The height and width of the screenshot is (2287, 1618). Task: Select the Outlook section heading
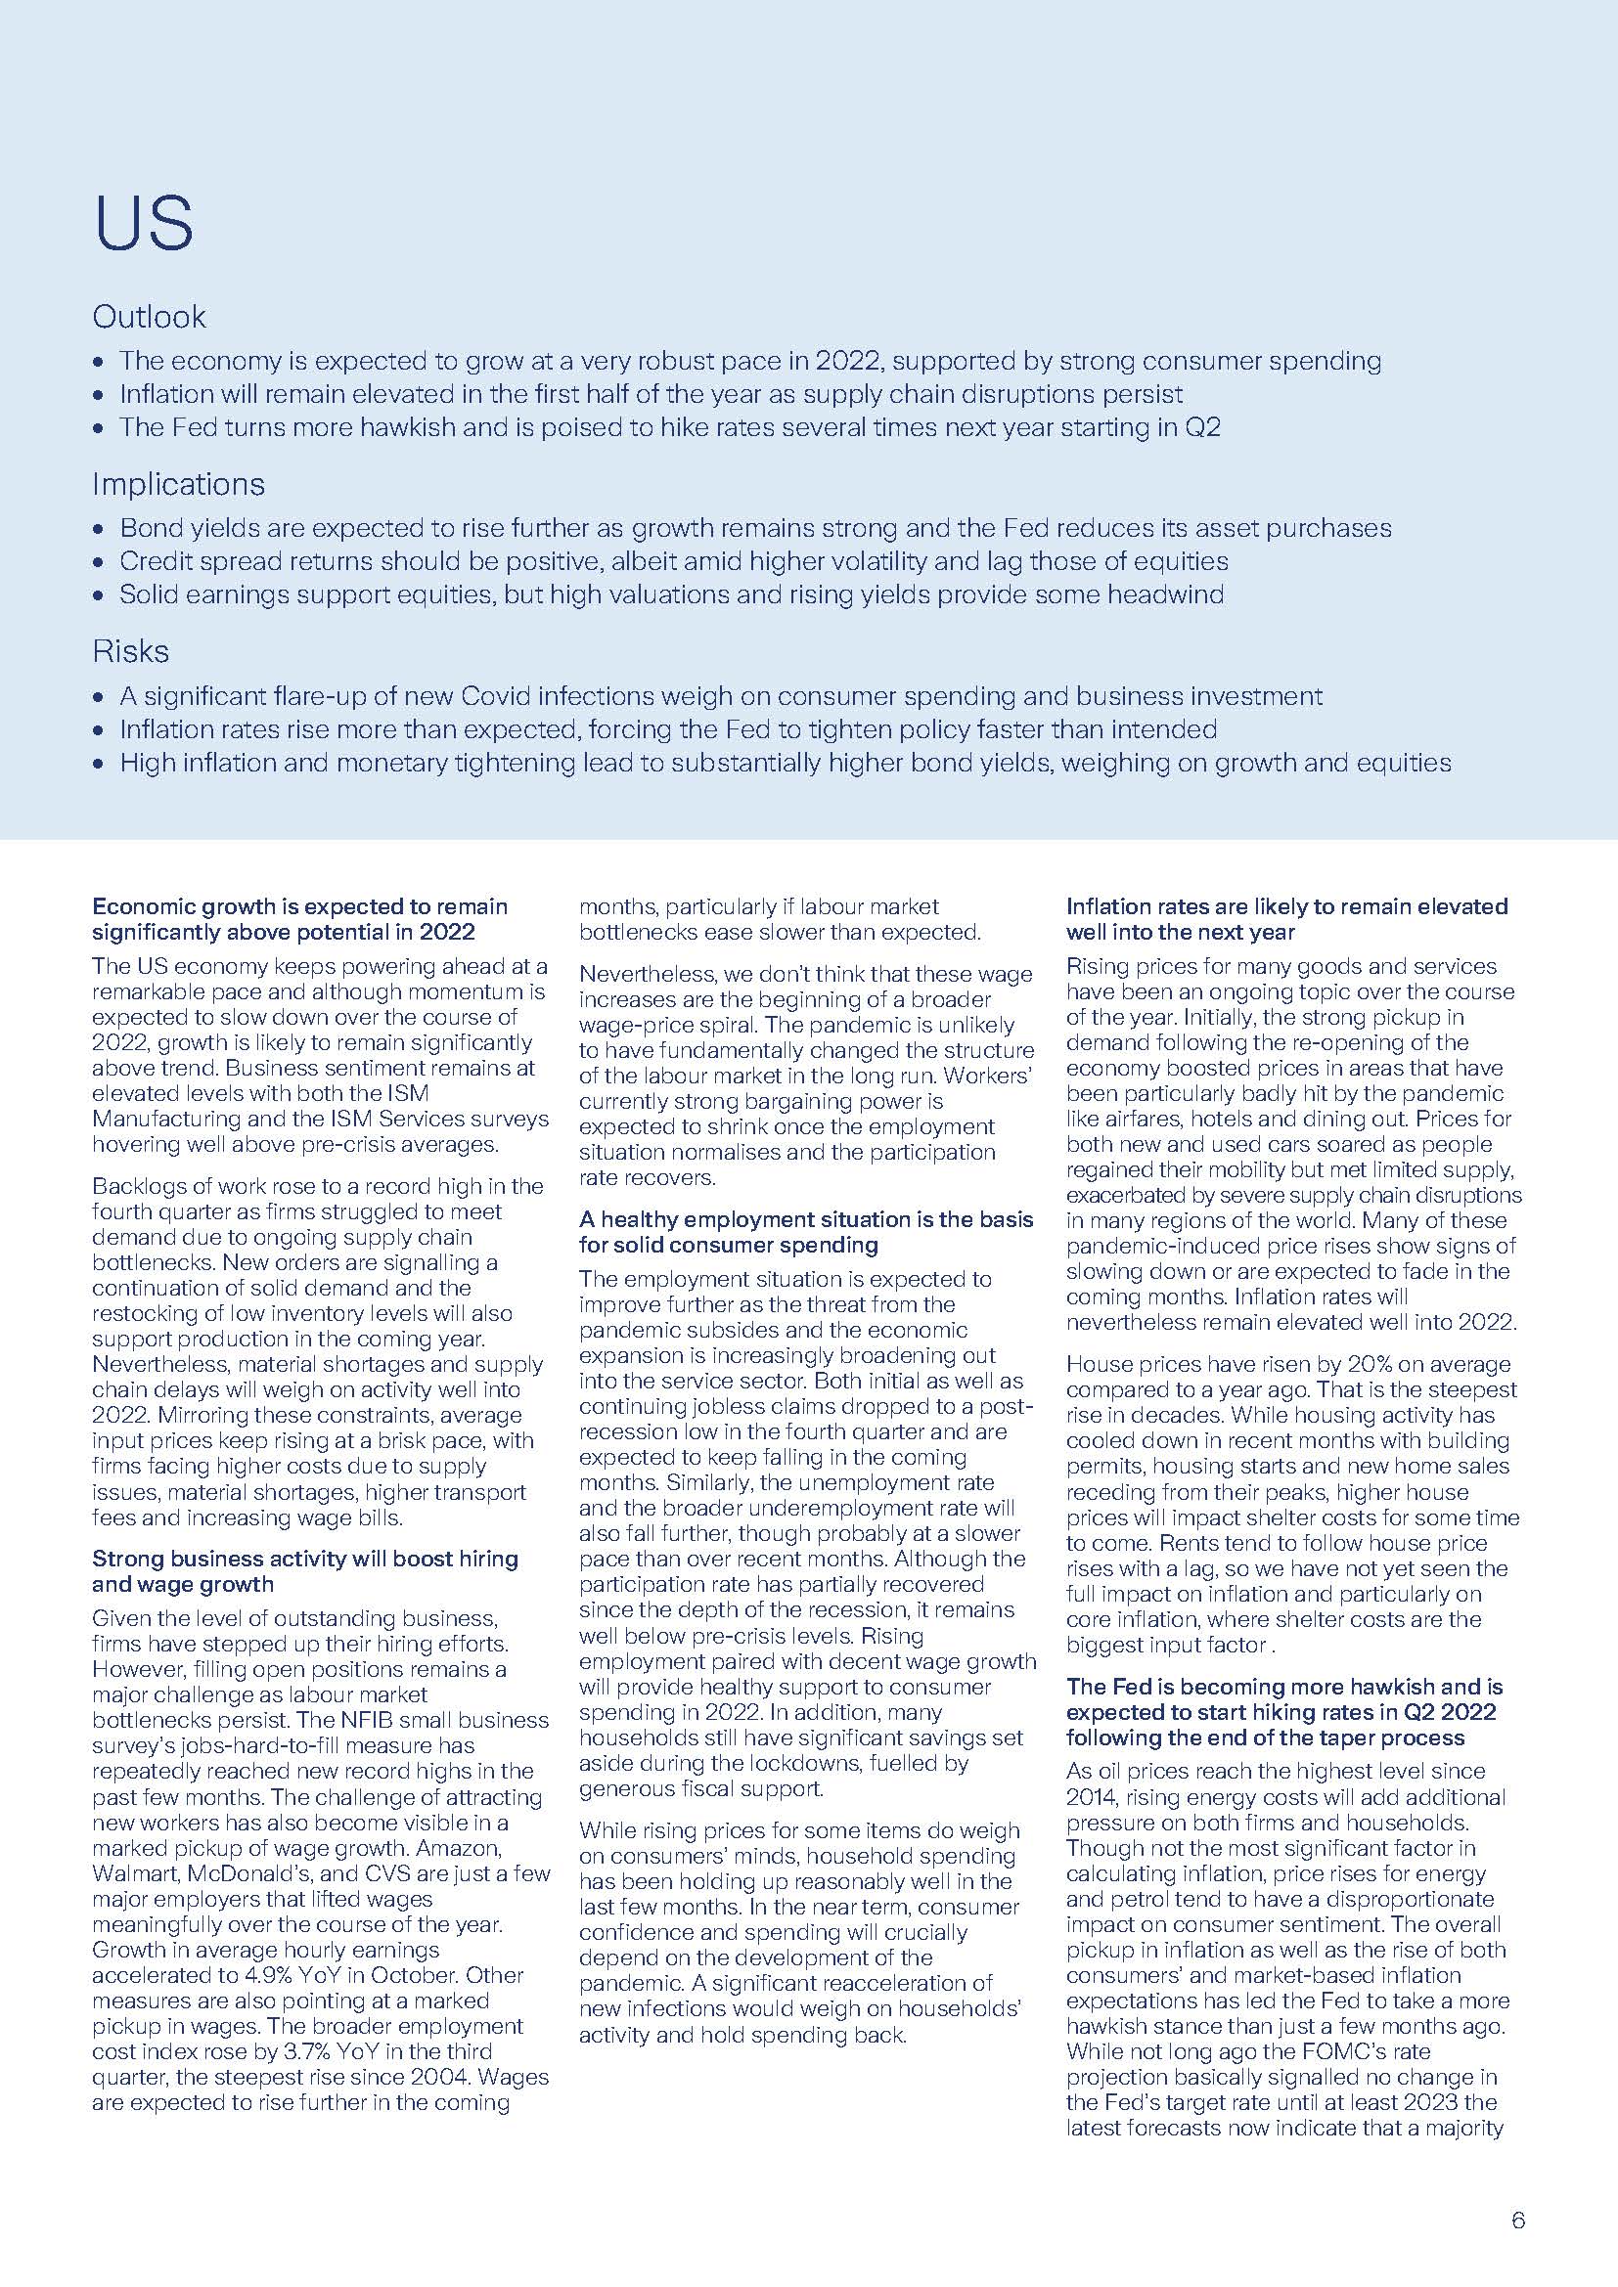tap(149, 317)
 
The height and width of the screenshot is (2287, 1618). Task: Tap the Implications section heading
tap(178, 484)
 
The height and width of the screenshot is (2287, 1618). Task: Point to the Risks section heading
tap(130, 651)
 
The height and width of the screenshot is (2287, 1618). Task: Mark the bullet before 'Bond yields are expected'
tap(97, 530)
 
